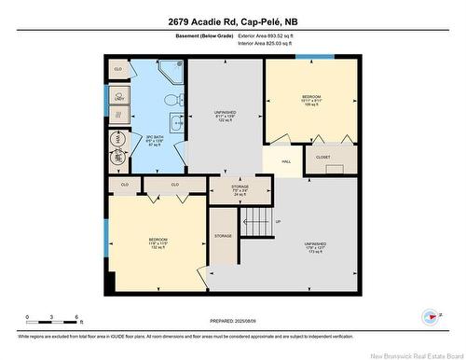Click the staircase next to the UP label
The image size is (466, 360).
254,223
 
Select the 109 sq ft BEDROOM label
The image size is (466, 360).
310,100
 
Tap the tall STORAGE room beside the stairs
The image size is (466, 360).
223,236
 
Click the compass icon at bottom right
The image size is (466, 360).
430,316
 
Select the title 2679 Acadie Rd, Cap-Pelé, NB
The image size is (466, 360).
232,21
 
